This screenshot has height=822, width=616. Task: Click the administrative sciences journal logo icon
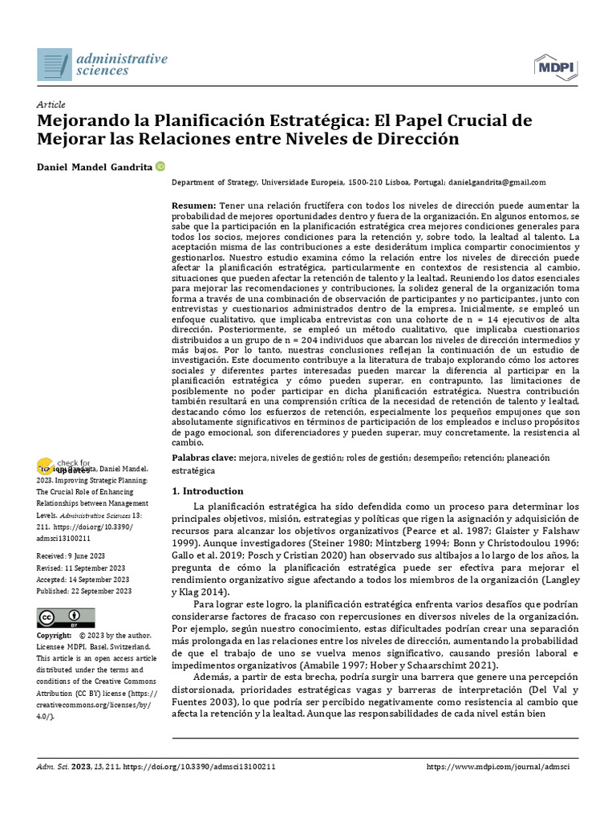(55, 63)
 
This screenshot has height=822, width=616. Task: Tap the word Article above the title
(51, 104)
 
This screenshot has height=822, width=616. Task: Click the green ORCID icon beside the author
(160, 166)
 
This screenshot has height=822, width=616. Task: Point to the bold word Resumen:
(194, 206)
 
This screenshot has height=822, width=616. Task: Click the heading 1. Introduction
(208, 490)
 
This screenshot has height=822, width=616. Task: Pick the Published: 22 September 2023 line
(84, 591)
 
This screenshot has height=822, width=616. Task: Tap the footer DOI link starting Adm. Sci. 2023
(156, 767)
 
